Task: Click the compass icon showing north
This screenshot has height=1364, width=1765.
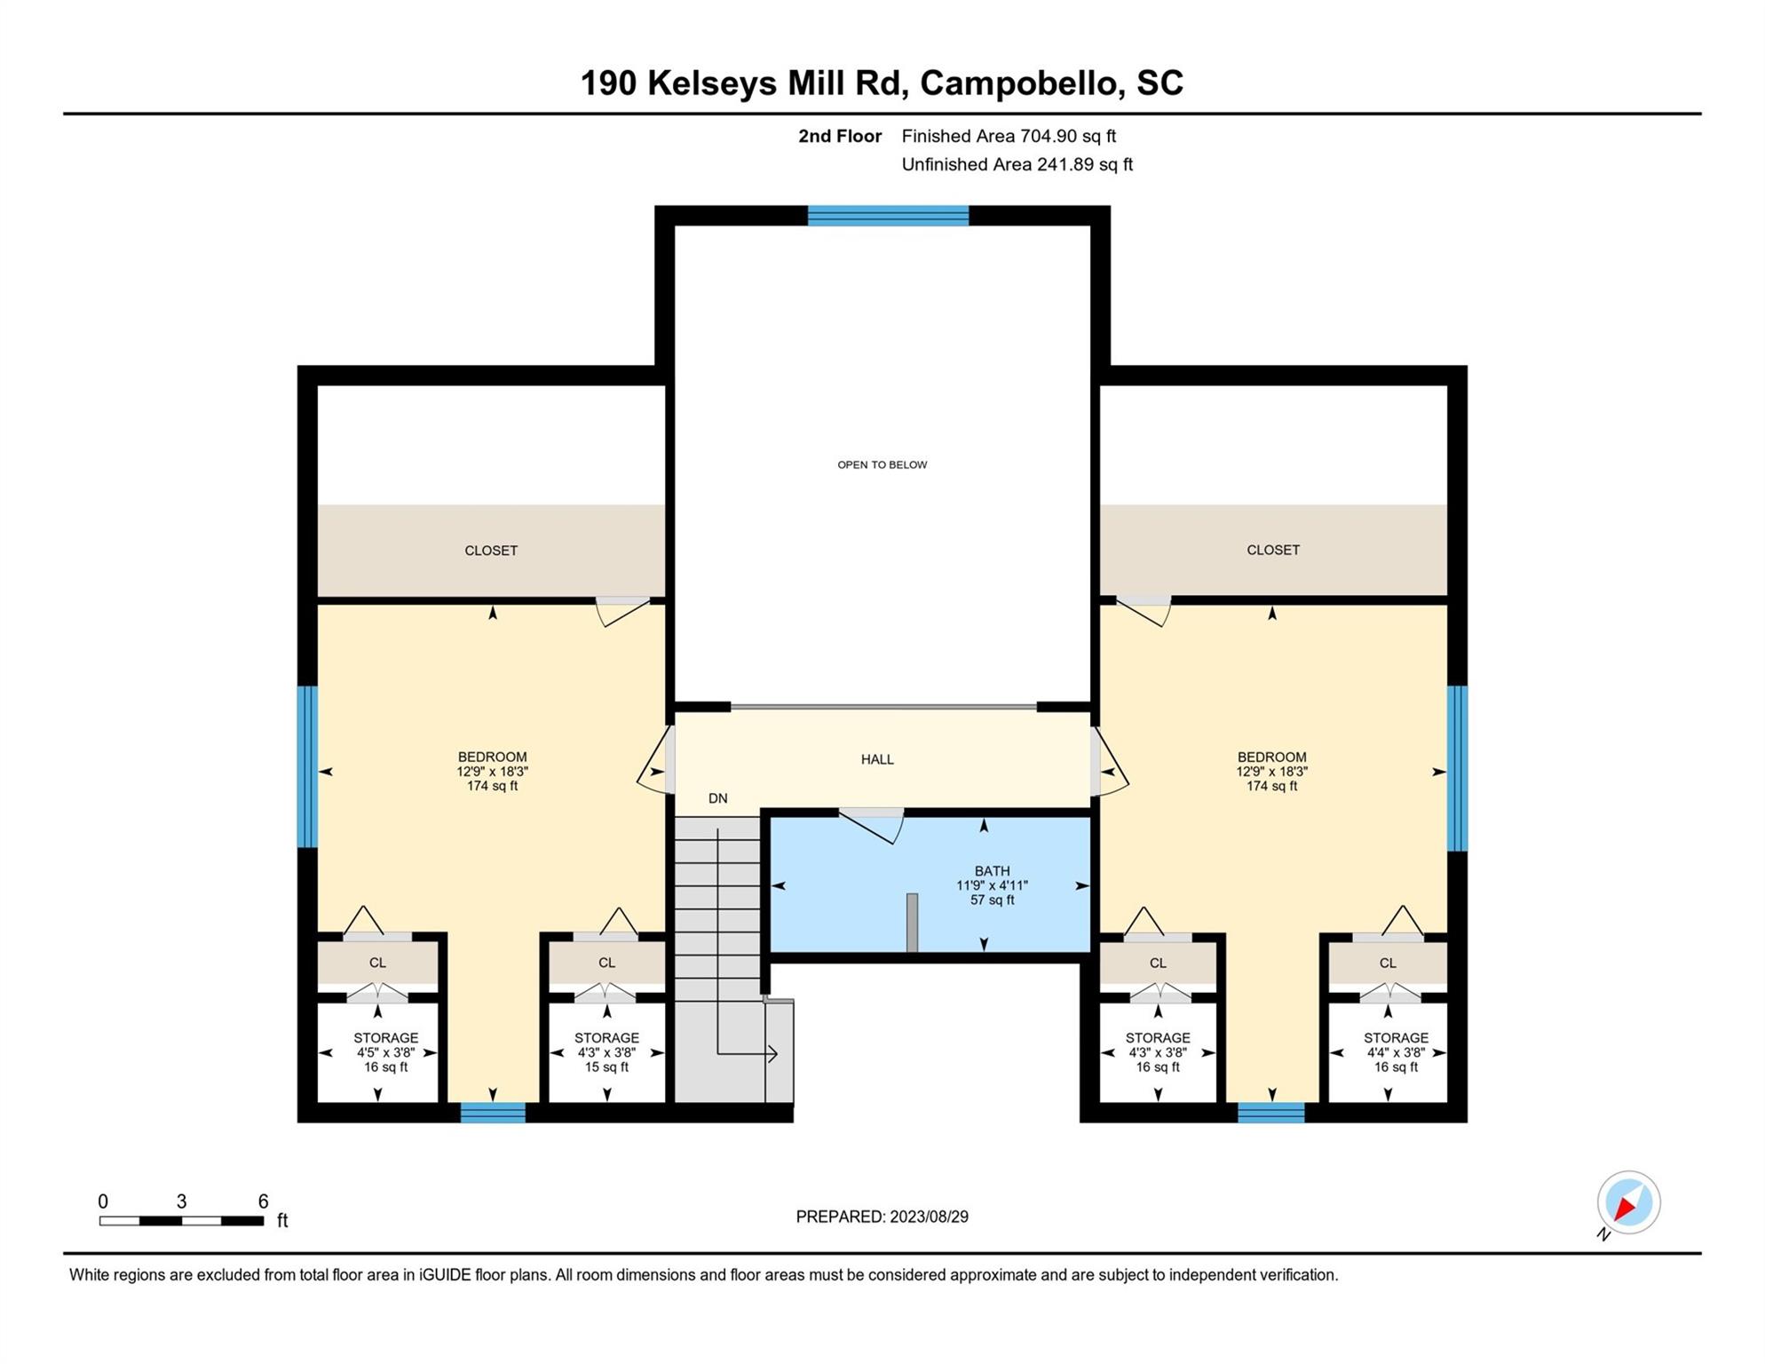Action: (1628, 1202)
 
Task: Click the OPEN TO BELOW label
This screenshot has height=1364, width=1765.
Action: (882, 464)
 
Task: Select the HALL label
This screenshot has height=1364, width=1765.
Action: (877, 759)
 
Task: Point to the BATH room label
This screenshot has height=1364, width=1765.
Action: (992, 871)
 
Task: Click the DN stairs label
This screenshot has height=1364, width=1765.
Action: (717, 798)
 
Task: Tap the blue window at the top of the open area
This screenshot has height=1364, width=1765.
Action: (888, 216)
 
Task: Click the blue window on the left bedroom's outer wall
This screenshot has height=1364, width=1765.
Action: (307, 767)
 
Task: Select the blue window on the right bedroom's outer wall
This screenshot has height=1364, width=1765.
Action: (1457, 768)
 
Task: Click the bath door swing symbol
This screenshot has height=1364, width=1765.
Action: (872, 826)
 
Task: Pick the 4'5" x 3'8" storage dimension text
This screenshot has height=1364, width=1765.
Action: (385, 1052)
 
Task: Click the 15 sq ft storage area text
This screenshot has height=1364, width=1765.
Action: (606, 1067)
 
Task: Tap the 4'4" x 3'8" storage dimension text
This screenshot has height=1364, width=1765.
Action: (1396, 1052)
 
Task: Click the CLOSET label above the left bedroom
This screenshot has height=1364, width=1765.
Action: (491, 551)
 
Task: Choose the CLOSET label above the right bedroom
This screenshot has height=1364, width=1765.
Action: (1272, 550)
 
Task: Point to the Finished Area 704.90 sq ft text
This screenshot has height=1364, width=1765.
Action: (1009, 136)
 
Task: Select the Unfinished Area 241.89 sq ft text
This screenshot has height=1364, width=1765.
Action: (1017, 164)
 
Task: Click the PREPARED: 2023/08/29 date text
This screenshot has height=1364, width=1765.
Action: (882, 1217)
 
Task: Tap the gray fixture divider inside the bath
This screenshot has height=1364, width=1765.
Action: (912, 923)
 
